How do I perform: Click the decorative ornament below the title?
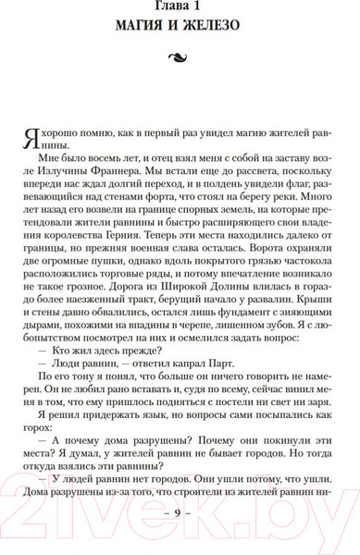click(180, 63)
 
